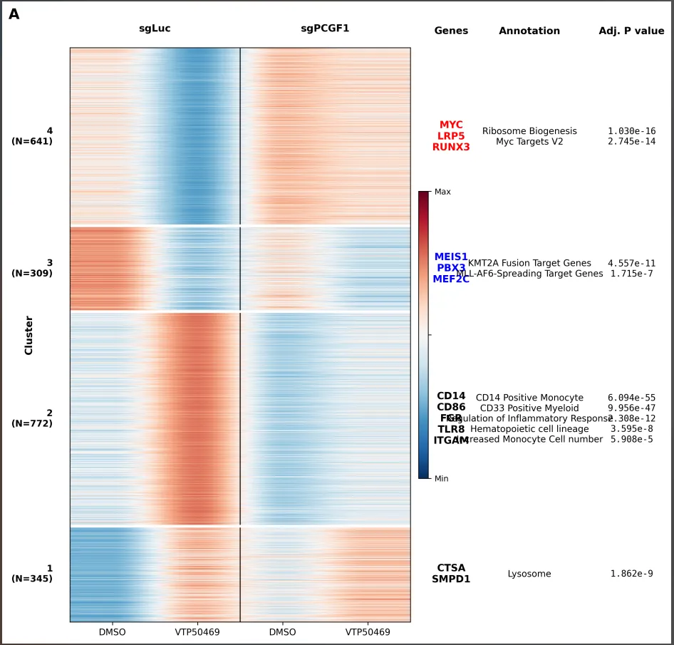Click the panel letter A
tap(14, 14)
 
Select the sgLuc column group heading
tap(155, 29)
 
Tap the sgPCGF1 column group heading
tap(325, 29)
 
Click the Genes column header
tap(451, 31)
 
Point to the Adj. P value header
tap(631, 31)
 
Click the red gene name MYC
tap(451, 125)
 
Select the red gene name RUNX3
tap(451, 147)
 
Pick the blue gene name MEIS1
tap(451, 257)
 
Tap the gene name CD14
tap(451, 396)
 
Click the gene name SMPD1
tap(451, 579)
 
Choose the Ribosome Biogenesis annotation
tap(529, 131)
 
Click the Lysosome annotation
tap(529, 574)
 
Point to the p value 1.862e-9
tap(631, 574)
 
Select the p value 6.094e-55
tap(631, 398)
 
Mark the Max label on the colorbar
tap(442, 192)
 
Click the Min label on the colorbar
tap(442, 479)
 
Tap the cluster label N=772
tap(32, 423)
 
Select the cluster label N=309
tap(32, 273)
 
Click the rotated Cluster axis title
tap(28, 335)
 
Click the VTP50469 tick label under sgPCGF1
tap(368, 632)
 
